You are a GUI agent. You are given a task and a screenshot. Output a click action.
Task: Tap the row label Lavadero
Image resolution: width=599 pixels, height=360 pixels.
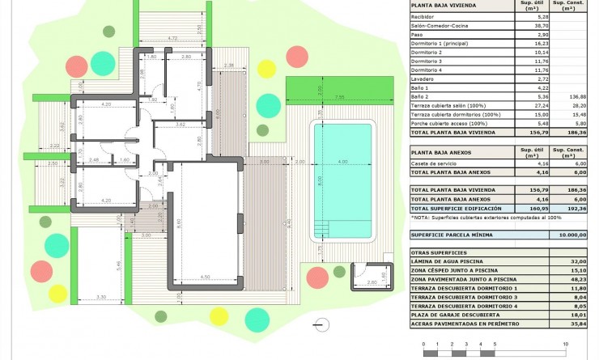click(423, 79)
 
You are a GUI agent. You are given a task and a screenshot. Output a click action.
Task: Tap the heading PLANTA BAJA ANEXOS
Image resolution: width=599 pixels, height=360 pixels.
click(443, 151)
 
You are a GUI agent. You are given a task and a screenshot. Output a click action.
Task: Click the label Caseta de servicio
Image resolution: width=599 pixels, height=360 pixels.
click(434, 163)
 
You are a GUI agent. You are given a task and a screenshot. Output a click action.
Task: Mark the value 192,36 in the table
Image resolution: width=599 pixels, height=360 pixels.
click(576, 208)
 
